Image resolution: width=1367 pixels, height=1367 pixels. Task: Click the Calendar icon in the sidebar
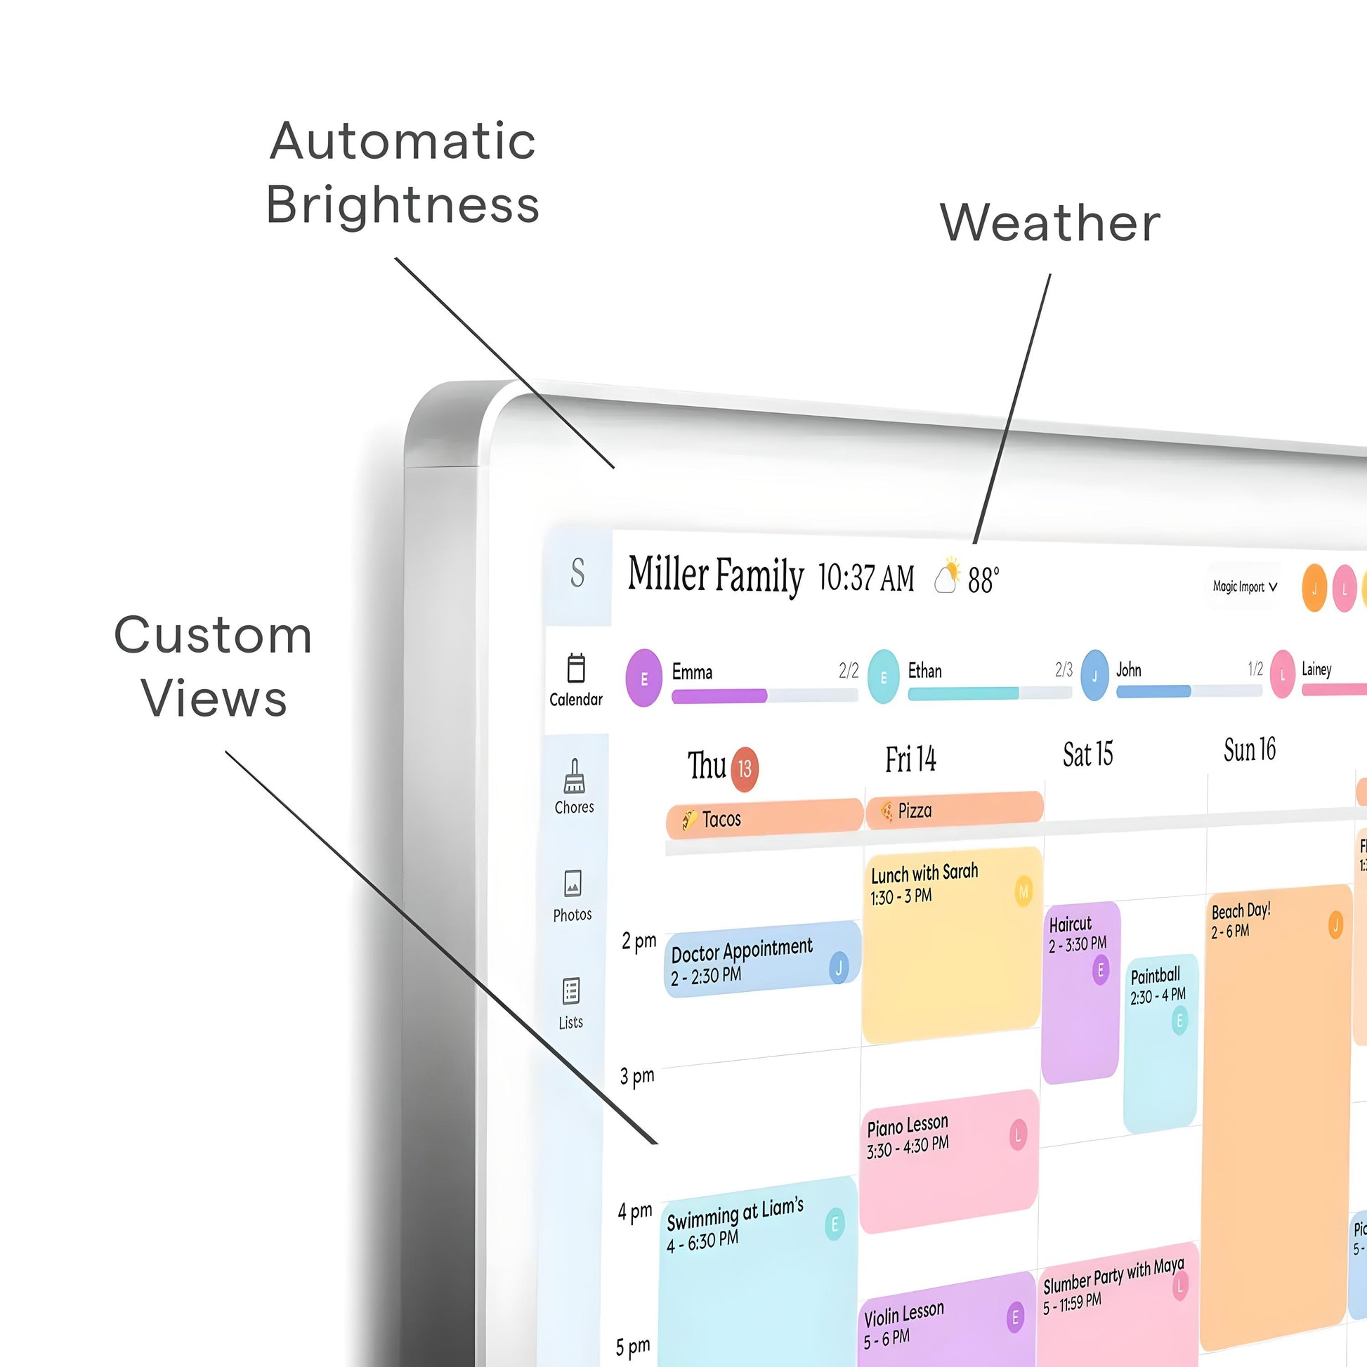576,669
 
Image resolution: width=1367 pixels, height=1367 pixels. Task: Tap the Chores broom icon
574,776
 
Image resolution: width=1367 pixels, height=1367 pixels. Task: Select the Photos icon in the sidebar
573,884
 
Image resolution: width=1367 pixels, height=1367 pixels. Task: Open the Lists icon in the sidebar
571,991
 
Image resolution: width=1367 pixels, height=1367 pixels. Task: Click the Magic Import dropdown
1244,587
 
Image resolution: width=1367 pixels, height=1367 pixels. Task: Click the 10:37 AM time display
866,578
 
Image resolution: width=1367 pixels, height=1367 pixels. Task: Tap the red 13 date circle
745,769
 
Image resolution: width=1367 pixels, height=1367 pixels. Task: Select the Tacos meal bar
764,818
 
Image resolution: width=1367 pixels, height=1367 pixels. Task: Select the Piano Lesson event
948,1161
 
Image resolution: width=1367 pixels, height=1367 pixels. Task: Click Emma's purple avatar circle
644,679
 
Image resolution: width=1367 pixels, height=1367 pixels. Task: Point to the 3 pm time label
638,1076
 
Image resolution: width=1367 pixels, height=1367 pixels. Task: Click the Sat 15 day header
1087,754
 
